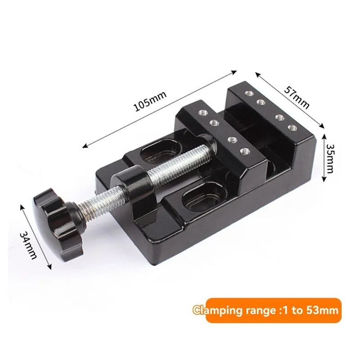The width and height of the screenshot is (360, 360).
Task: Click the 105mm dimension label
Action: point(150,102)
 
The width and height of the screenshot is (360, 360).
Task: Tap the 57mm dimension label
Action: point(297,98)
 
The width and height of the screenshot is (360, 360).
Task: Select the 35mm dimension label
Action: point(330,159)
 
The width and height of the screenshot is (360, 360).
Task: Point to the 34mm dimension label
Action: point(28,245)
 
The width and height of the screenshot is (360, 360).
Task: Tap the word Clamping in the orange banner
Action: point(216,310)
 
